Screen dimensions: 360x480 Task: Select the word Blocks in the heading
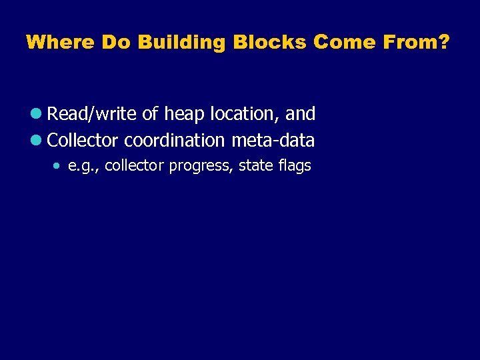click(x=269, y=43)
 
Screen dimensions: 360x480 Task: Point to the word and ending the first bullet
click(x=300, y=114)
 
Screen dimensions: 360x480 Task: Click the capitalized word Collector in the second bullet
click(x=83, y=141)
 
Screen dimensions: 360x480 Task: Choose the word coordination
click(x=175, y=141)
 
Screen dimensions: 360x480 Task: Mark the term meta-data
click(x=273, y=141)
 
